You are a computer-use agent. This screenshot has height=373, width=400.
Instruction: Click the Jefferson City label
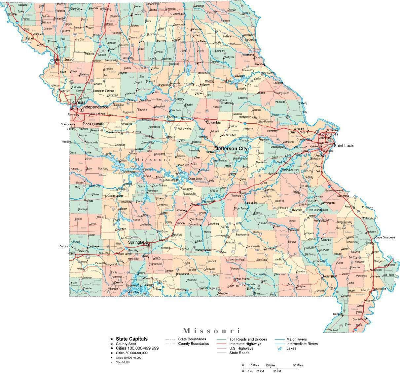point(233,149)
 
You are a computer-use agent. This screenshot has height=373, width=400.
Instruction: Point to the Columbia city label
point(213,122)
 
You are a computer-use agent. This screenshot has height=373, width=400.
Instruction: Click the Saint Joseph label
point(65,60)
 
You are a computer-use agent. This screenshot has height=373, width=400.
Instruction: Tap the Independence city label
point(95,107)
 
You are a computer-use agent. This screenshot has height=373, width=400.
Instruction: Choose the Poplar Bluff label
point(329,276)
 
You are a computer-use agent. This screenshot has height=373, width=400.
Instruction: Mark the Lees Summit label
point(93,124)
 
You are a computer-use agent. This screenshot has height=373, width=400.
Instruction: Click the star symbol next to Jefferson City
point(216,147)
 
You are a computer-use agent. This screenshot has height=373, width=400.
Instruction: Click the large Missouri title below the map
point(211,330)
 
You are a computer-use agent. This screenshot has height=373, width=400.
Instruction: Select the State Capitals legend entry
point(132,339)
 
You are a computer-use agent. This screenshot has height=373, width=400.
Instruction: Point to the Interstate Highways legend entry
point(245,344)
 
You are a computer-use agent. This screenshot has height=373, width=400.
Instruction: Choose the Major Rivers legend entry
point(297,339)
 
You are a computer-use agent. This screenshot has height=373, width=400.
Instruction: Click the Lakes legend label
point(292,348)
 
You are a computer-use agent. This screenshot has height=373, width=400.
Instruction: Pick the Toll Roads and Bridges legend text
point(248,339)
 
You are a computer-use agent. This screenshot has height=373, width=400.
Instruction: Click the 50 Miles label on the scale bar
point(298,365)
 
